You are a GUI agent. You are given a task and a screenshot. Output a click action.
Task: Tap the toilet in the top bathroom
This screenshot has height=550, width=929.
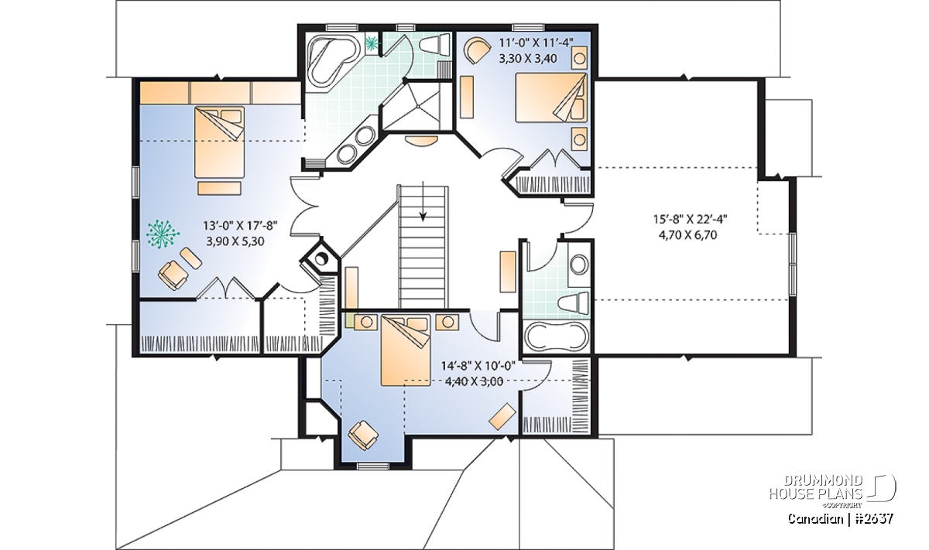tap(435, 43)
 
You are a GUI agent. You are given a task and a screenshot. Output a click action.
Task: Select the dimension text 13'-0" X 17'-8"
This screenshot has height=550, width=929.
tap(240, 226)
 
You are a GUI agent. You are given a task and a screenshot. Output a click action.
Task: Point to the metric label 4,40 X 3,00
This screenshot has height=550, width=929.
tap(474, 381)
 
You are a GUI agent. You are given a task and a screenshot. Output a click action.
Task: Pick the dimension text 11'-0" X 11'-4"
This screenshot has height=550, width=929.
tap(536, 43)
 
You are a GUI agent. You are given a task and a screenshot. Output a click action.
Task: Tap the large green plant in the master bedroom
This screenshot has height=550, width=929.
tap(162, 234)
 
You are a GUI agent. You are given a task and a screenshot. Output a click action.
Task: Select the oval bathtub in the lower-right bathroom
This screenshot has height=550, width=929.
tap(556, 336)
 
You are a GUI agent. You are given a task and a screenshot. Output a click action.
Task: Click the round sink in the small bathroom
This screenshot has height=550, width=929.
tap(579, 264)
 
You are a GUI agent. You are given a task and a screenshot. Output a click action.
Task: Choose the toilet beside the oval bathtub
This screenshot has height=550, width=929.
tap(574, 303)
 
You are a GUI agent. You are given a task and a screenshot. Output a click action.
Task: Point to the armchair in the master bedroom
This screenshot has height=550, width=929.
tap(173, 275)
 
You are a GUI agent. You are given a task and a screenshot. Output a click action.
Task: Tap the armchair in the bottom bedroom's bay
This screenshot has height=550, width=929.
tap(363, 436)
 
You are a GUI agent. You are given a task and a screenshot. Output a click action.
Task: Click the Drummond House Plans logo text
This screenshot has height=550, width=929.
tap(816, 487)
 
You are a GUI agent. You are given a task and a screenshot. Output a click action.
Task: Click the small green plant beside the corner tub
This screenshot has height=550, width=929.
tap(372, 42)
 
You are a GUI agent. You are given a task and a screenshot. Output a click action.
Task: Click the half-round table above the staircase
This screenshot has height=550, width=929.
tap(420, 141)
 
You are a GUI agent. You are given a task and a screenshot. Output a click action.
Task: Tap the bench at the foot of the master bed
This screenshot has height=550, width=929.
tap(219, 188)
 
